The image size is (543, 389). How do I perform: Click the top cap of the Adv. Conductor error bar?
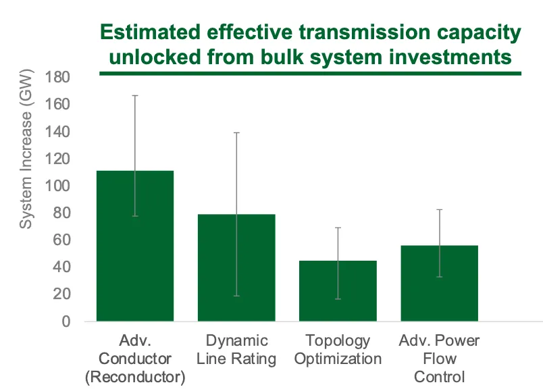tap(135, 95)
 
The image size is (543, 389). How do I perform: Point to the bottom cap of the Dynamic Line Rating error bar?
tap(236, 296)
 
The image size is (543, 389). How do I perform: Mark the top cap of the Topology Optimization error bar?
tap(338, 228)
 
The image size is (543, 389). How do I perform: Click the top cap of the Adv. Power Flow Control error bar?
tap(439, 209)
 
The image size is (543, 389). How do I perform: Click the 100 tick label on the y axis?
tap(59, 186)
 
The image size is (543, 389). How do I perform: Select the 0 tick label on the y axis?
tap(66, 321)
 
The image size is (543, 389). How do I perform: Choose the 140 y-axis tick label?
tap(59, 132)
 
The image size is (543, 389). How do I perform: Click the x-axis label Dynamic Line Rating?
tap(236, 349)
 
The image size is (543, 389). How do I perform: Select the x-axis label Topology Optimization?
tap(338, 349)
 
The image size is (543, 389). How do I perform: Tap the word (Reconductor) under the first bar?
tap(135, 377)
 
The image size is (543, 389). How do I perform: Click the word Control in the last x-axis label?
tap(439, 376)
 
